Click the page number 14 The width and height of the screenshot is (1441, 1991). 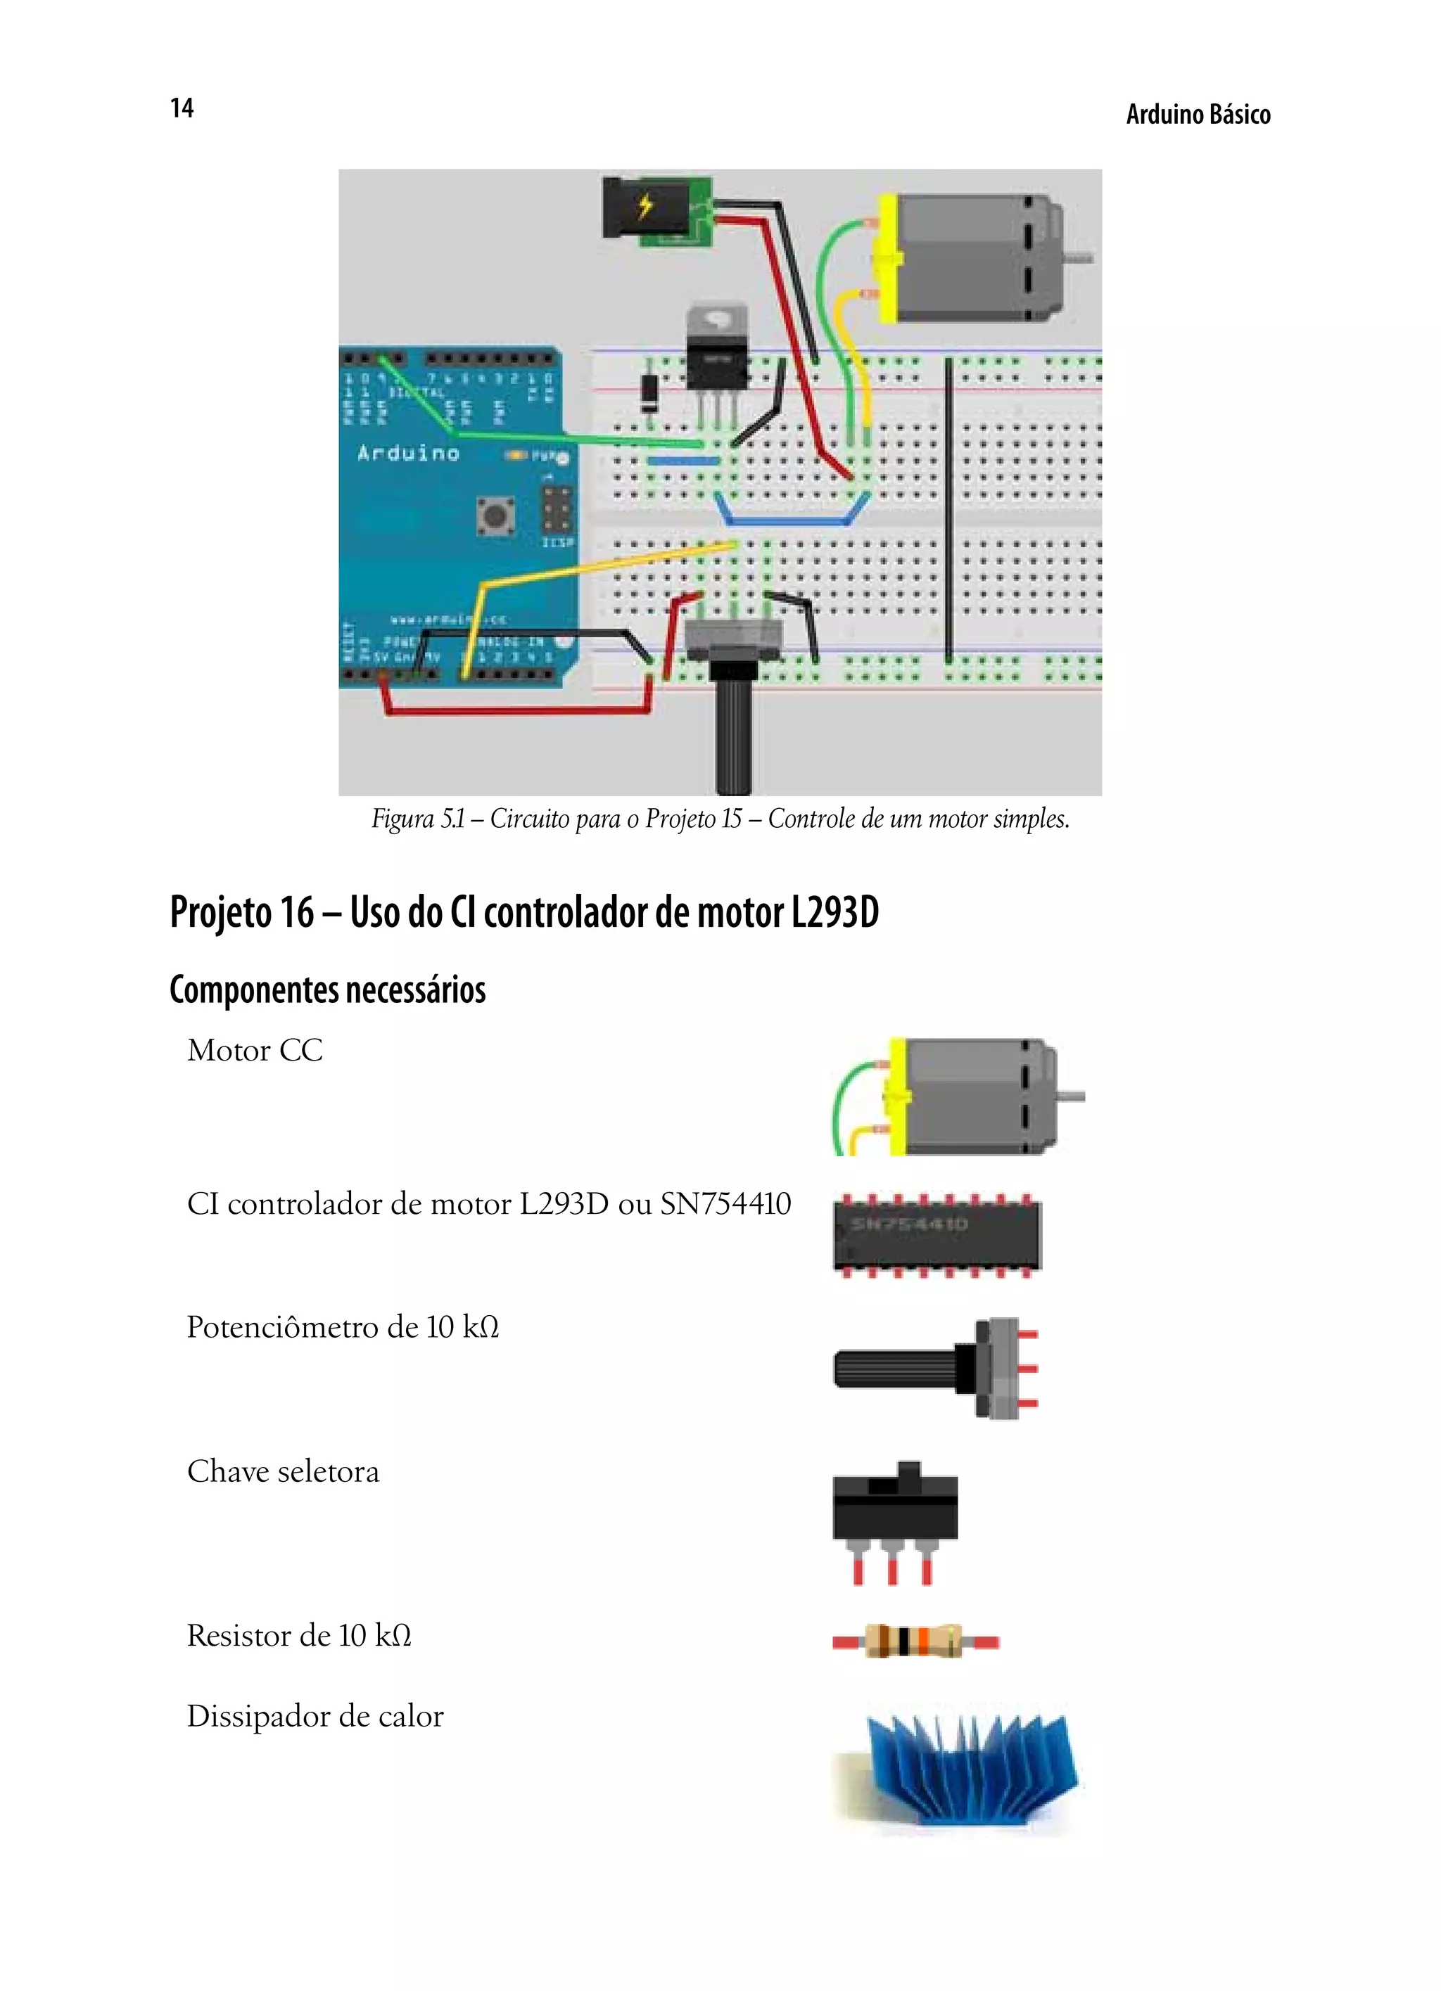[x=182, y=108]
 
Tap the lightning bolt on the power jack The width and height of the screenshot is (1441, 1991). [x=645, y=205]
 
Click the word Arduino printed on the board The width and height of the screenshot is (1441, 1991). [x=408, y=454]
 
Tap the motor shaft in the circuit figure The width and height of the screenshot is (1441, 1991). [x=1079, y=258]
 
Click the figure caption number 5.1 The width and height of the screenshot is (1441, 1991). [x=452, y=819]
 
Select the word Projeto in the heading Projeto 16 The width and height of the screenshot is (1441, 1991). [x=220, y=912]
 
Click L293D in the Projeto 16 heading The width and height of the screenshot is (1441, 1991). [x=834, y=912]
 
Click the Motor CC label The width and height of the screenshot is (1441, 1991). [x=255, y=1050]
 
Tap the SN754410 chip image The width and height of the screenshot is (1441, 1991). [x=936, y=1234]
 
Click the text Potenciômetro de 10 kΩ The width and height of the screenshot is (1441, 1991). [x=343, y=1327]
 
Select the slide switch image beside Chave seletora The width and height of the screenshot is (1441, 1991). [x=895, y=1510]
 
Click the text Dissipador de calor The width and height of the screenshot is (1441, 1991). [x=315, y=1716]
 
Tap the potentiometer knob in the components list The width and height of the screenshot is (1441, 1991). [x=896, y=1369]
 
